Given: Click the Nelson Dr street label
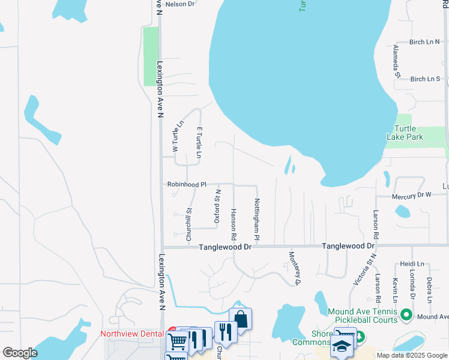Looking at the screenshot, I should click(x=180, y=4).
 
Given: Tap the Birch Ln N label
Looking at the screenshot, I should click(x=424, y=42).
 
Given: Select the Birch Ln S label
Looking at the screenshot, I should click(x=426, y=79).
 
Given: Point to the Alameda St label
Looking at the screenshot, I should click(x=396, y=61).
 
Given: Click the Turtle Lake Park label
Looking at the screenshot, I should click(x=409, y=133).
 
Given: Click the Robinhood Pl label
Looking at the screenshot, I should click(x=187, y=185).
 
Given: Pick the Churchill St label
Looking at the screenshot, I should click(x=188, y=224).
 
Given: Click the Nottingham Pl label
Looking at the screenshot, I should click(x=257, y=220).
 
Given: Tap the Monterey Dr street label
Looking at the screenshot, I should click(x=295, y=268).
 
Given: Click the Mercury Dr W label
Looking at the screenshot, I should click(x=412, y=194).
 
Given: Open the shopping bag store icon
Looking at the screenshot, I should click(x=240, y=319).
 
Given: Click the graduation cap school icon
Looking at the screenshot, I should click(x=343, y=347).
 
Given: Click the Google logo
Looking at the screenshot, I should click(x=20, y=353).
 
